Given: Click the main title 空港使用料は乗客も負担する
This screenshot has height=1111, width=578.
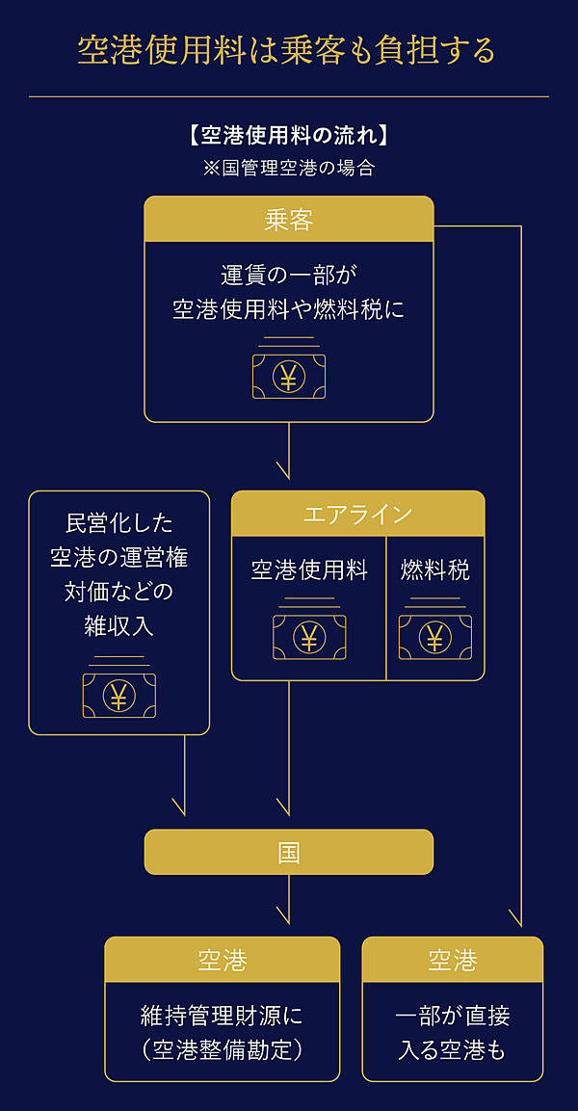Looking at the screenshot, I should [286, 50].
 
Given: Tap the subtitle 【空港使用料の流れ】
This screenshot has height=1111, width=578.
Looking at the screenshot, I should [289, 135].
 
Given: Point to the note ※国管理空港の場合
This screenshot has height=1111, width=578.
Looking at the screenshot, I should [289, 167].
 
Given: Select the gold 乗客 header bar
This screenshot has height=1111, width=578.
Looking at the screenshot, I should [289, 220].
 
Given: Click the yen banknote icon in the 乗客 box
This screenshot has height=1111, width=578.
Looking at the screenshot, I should [288, 376].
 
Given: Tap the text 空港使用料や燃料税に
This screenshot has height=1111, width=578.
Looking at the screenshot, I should [289, 310].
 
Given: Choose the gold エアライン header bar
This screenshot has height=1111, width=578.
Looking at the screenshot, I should [357, 514].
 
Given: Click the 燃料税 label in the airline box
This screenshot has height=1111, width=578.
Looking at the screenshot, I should [435, 570].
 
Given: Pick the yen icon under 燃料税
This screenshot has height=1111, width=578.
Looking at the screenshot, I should [435, 637].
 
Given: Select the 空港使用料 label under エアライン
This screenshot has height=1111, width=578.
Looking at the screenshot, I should [309, 570].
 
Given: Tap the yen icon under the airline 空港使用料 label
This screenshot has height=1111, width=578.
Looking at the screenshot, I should [309, 637].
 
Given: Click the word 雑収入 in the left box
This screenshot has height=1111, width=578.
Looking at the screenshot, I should [118, 626].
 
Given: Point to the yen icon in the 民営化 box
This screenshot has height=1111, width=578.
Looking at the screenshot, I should [118, 695].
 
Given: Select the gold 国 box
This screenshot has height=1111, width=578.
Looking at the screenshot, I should [289, 852].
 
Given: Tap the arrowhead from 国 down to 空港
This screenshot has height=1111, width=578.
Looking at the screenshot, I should [283, 916].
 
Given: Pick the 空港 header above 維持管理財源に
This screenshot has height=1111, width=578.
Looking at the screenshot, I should [223, 960].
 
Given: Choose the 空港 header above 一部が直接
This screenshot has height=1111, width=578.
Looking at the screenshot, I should [453, 960].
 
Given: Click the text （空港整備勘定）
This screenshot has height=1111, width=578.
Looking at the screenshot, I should [223, 1049].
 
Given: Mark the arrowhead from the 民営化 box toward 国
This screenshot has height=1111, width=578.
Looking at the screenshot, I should [178, 807].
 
